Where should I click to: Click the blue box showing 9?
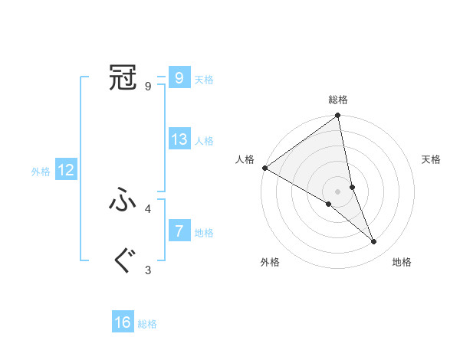point(179,77)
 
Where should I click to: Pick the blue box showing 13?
point(179,139)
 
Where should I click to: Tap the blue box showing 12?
point(66,170)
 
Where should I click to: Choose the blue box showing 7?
point(179,231)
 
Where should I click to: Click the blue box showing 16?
point(123,322)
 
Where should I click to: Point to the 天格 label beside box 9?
point(204,80)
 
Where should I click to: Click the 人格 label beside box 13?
point(204,141)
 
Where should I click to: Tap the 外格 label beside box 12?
point(41,172)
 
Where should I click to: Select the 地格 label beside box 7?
point(204,232)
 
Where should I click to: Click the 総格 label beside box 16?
point(147,324)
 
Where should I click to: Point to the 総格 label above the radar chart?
point(338,100)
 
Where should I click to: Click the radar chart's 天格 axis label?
point(431,159)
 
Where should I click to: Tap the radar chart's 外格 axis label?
point(270,262)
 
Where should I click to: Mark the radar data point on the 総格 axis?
point(338,116)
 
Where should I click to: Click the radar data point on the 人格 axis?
point(264,168)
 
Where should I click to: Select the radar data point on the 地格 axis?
point(374,241)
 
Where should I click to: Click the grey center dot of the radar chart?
point(338,191)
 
